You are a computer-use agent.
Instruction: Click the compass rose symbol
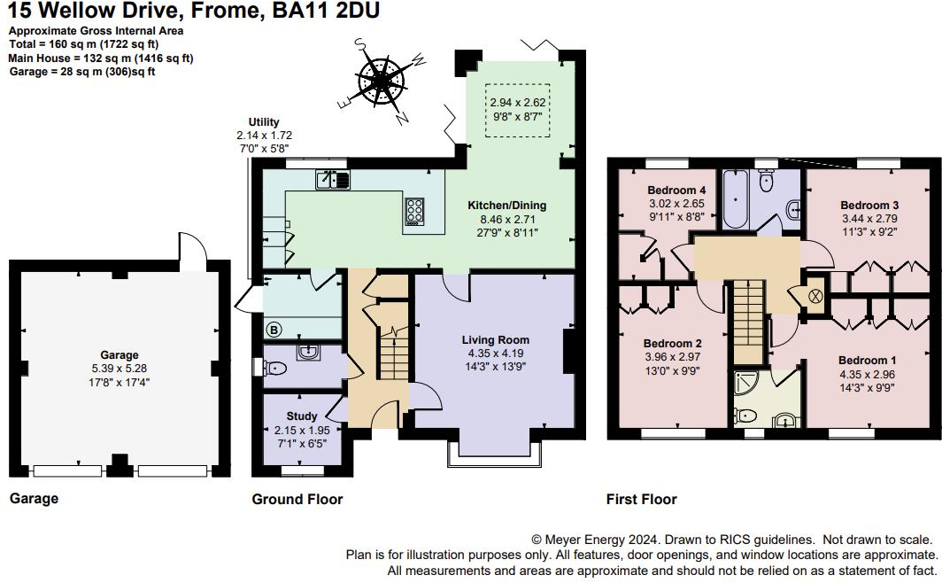point(382,80)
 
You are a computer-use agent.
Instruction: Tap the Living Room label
point(495,339)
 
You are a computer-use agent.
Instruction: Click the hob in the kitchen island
point(414,210)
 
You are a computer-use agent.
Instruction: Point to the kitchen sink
point(333,180)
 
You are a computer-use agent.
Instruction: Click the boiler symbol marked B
point(274,330)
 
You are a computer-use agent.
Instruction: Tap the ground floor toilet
point(277,367)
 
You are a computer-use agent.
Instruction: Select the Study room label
point(301,416)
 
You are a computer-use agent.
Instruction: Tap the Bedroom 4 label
point(676,190)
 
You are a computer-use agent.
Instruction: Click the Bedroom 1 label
point(867,361)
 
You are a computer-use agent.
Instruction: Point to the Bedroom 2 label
point(673,344)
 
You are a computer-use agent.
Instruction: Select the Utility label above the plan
point(264,122)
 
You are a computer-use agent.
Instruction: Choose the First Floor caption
point(641,500)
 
